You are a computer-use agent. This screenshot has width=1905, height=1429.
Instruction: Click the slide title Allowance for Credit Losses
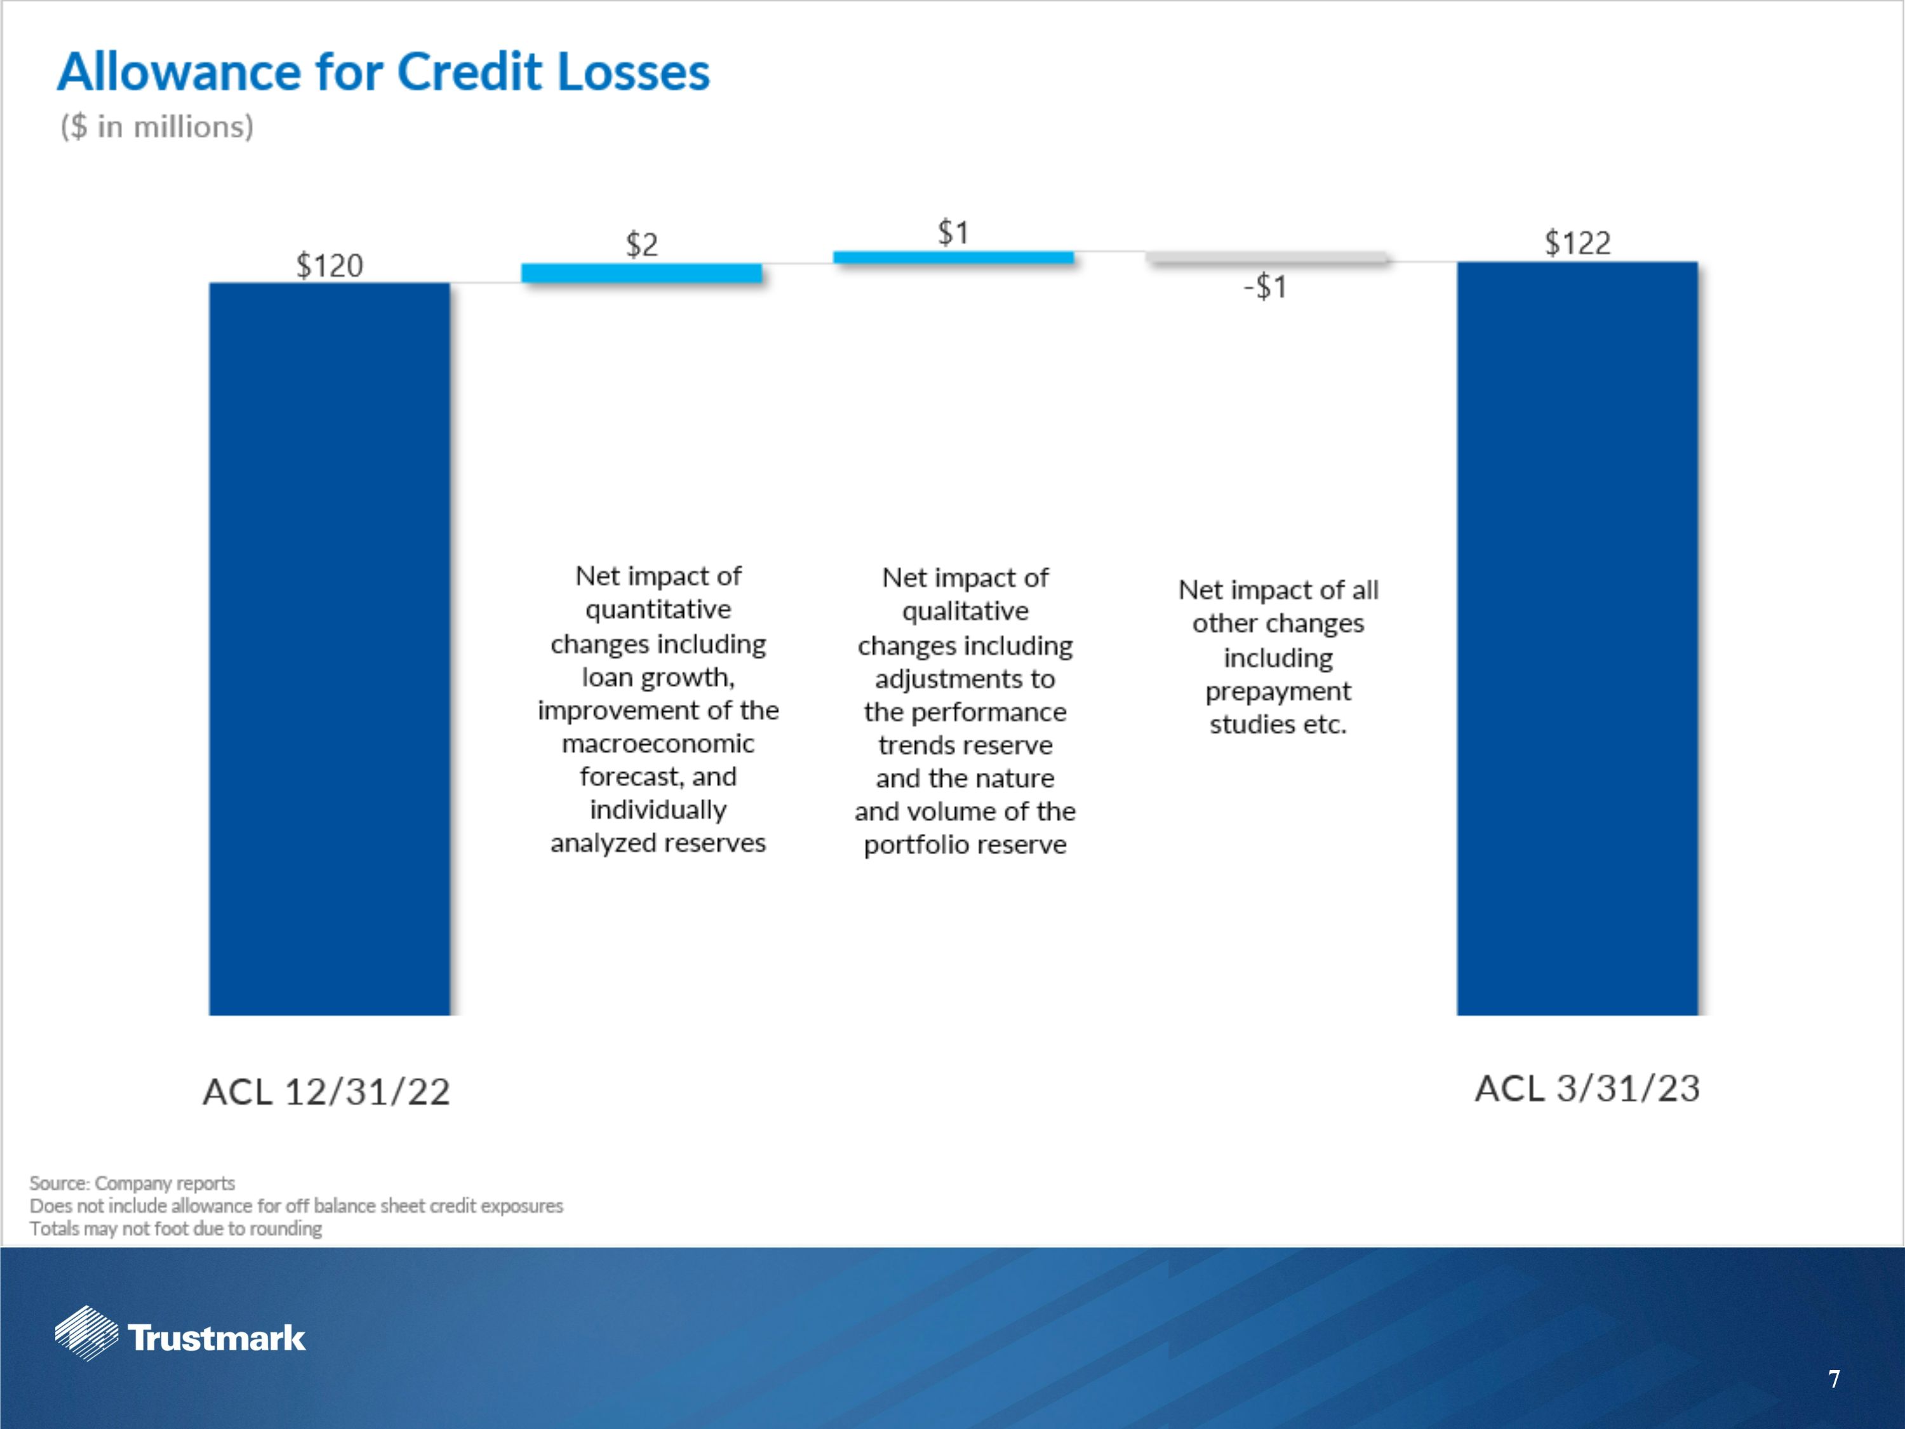coord(384,72)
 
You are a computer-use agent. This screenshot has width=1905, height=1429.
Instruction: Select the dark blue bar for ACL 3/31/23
coord(1577,638)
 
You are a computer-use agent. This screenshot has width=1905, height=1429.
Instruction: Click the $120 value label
coord(329,265)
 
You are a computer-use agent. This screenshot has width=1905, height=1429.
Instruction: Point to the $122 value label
coord(1577,243)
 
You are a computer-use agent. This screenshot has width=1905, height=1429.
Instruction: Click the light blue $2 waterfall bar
coord(641,273)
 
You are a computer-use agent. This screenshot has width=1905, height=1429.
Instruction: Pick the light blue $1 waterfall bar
coord(953,257)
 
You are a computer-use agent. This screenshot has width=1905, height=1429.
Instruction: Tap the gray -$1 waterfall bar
coord(1266,257)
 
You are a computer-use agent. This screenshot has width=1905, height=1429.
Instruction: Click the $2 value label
coord(641,245)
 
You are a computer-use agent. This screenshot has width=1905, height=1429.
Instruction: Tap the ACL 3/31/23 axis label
coord(1587,1089)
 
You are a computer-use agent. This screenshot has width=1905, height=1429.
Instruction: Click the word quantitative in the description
coord(658,610)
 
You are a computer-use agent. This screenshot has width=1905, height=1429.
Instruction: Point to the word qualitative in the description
coord(965,612)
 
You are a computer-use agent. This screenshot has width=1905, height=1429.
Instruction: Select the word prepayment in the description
coord(1278,692)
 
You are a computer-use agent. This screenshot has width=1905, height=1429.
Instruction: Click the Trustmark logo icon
coord(86,1333)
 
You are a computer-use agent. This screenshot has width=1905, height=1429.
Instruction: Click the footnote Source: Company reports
coord(132,1183)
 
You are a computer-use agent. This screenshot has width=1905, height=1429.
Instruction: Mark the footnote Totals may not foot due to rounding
coord(176,1229)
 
